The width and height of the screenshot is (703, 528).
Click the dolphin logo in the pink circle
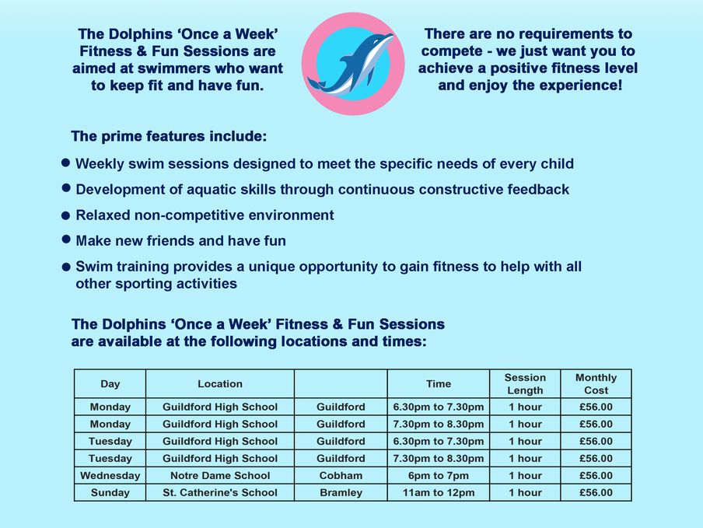pos(353,64)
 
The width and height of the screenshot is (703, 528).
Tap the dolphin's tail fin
pos(317,84)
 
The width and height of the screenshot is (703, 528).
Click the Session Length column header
pos(525,383)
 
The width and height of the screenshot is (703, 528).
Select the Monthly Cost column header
pos(596,383)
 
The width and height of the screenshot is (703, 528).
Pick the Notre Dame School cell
pos(220,476)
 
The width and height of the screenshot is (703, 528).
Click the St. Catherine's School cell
pos(220,492)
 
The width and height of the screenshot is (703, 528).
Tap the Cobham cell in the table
pos(341,476)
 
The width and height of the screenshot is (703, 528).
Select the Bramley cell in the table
pos(341,492)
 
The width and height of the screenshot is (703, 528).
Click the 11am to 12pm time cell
pos(439,492)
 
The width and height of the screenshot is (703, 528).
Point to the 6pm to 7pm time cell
pos(439,476)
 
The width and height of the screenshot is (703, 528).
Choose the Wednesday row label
pos(110,476)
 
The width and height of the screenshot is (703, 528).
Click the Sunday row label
pos(110,492)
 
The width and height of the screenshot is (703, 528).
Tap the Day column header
pos(110,383)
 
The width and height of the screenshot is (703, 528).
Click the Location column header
pos(220,383)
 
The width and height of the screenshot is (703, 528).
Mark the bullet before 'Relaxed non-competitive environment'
pos(66,216)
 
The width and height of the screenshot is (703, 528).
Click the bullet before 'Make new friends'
pos(66,240)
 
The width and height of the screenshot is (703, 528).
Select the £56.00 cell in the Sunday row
pos(596,492)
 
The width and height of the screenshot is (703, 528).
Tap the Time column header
pos(439,383)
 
